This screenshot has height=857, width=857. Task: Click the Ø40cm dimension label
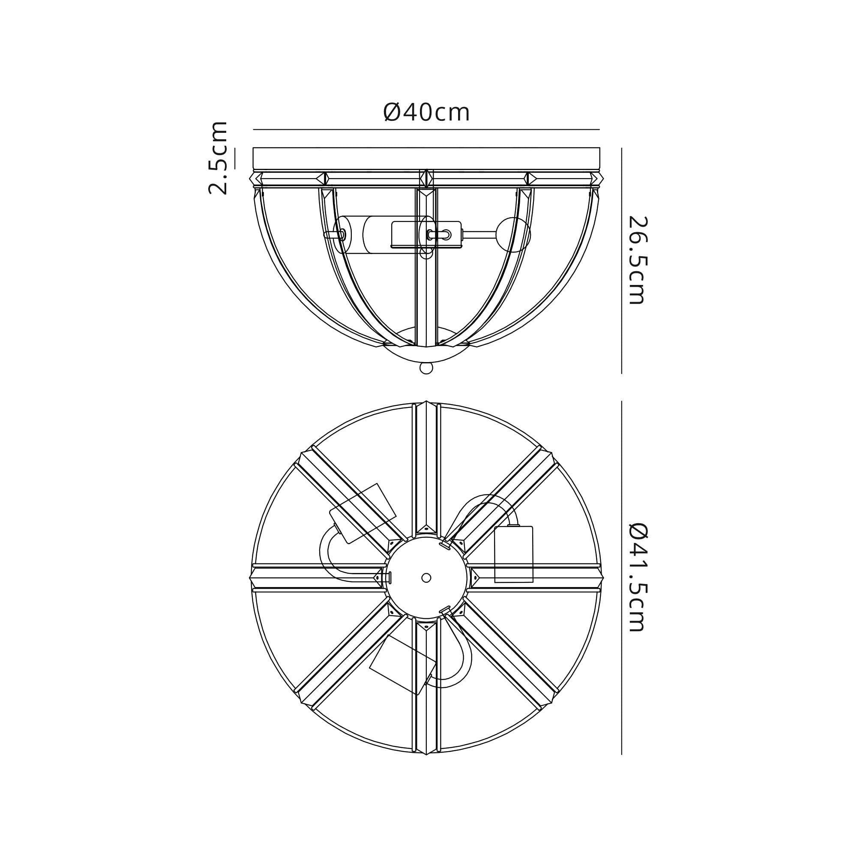click(x=426, y=112)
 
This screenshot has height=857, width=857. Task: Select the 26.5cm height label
click(x=638, y=260)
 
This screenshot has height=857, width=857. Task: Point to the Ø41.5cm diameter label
click(x=638, y=577)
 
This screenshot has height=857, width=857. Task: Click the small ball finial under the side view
click(x=426, y=368)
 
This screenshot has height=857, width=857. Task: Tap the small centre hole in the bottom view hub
click(x=426, y=578)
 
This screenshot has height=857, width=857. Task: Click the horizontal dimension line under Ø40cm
click(x=426, y=129)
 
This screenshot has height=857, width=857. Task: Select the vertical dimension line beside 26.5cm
click(x=621, y=261)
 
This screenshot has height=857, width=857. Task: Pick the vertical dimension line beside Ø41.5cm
click(x=621, y=578)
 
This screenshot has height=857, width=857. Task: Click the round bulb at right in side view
click(x=515, y=235)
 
